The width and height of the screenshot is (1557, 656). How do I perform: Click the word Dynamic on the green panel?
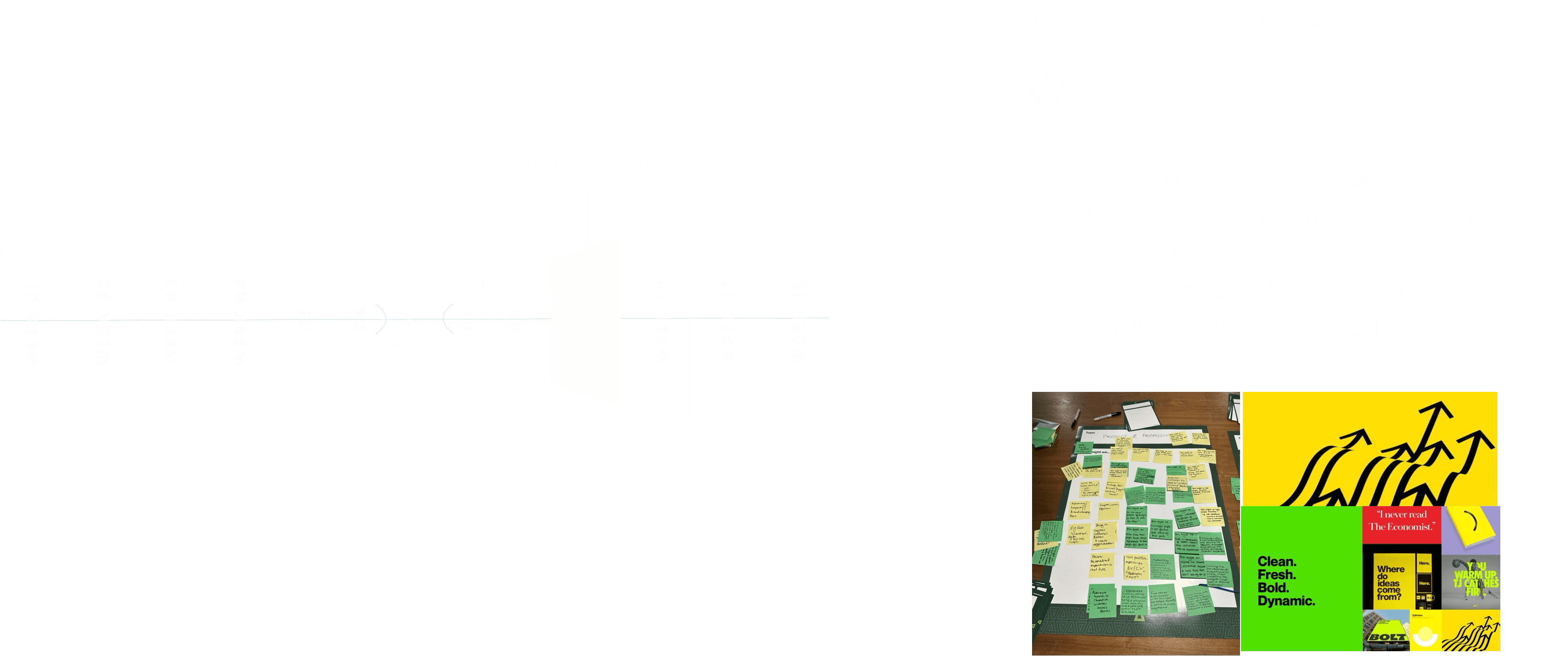click(x=1286, y=601)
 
